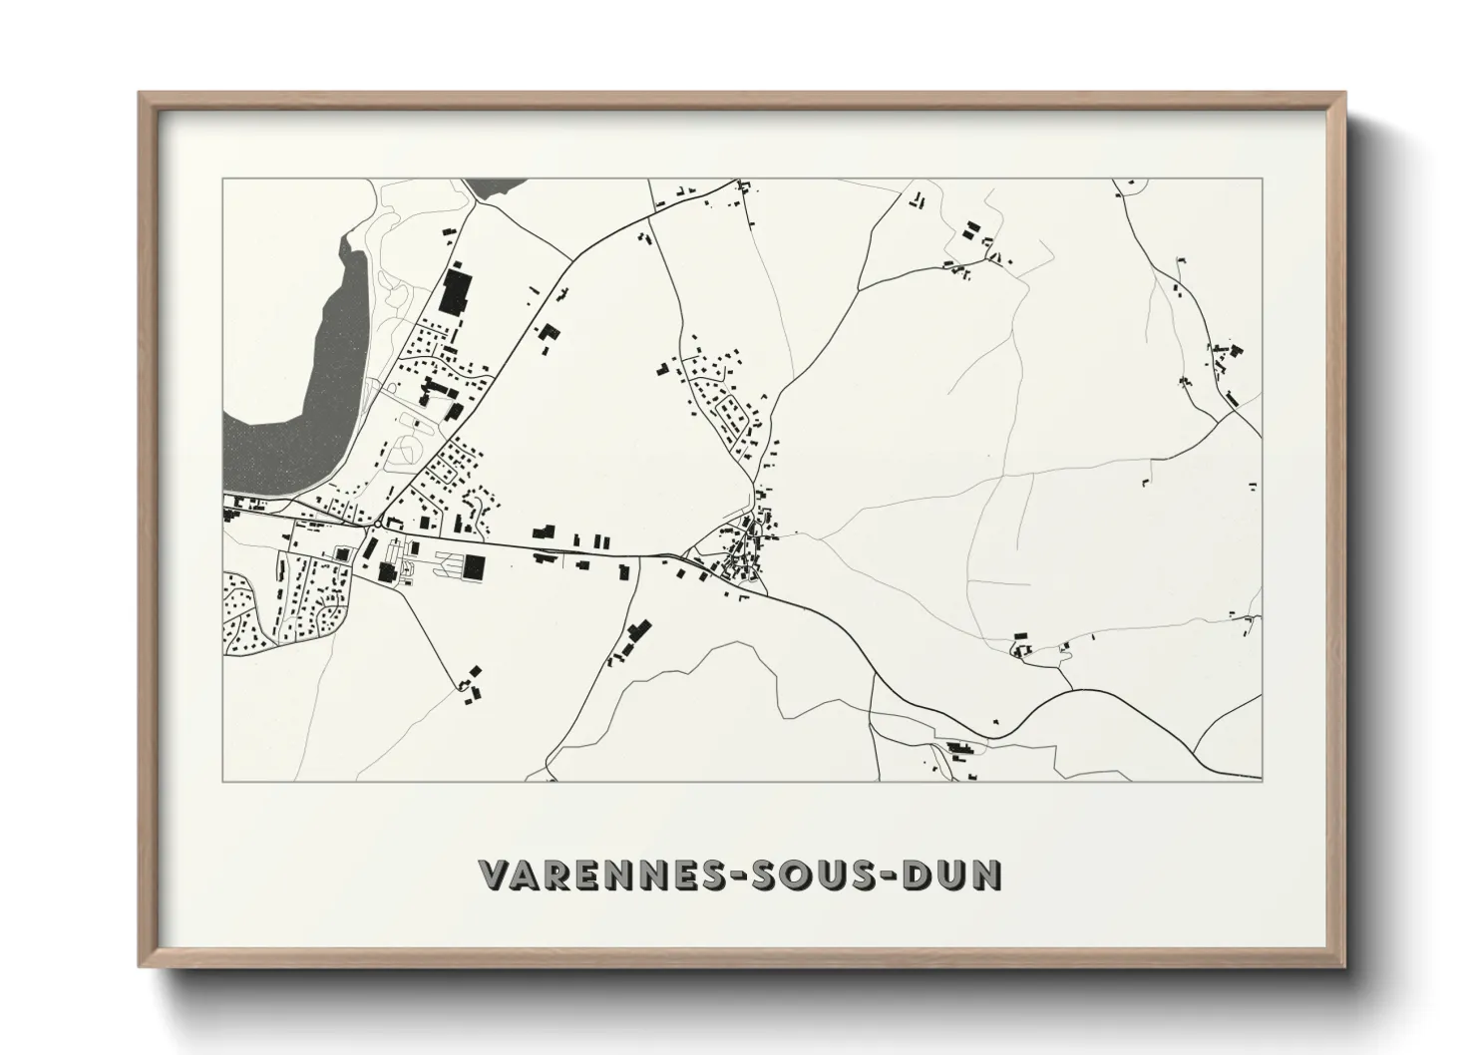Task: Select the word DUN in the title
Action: (951, 876)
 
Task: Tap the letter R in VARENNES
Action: (553, 876)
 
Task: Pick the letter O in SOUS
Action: (793, 876)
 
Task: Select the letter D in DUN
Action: (918, 876)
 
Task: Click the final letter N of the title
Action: (987, 876)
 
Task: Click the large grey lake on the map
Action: (299, 399)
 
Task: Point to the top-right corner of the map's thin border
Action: (1262, 179)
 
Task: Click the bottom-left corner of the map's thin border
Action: (222, 781)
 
